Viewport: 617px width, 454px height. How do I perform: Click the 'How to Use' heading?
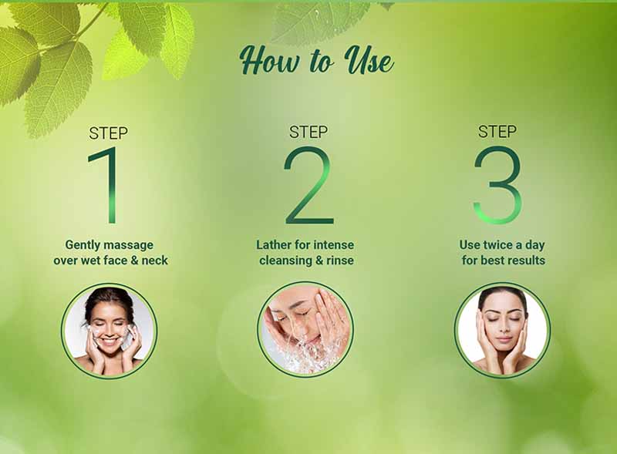[x=317, y=60]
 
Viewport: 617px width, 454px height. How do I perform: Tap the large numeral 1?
[x=106, y=185]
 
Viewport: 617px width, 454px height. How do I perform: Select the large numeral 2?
[x=309, y=185]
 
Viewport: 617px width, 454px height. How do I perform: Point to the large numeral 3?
[x=497, y=185]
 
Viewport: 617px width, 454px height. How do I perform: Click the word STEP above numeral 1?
[x=108, y=133]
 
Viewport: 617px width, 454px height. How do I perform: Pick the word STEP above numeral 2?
[x=308, y=132]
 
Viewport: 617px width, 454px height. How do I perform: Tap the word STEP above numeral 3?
[x=497, y=131]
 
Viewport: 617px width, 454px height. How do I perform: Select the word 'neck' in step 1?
[x=155, y=260]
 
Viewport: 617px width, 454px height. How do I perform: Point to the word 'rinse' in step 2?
[x=340, y=260]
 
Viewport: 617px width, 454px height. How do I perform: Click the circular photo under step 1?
[x=109, y=331]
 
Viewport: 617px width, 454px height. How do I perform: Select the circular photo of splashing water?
[x=305, y=329]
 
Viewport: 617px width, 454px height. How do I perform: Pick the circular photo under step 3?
[x=502, y=330]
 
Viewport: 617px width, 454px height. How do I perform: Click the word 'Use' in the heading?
[x=369, y=60]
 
